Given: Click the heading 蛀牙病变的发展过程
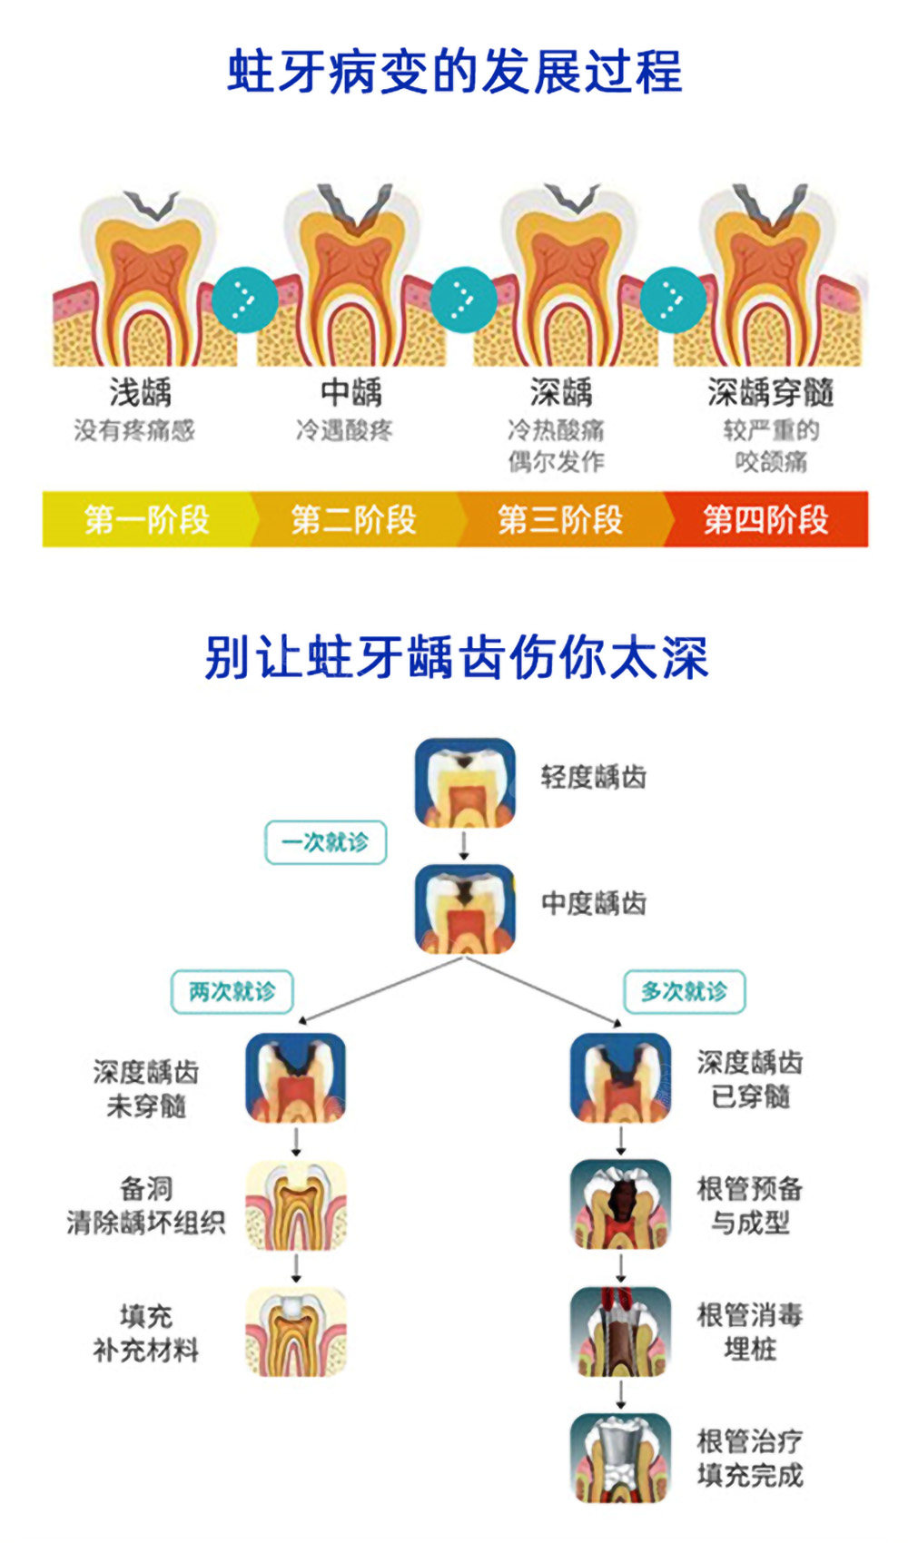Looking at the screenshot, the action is click(x=455, y=71).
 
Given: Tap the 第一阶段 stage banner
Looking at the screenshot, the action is click(x=147, y=519).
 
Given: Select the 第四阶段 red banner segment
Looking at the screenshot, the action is click(x=765, y=519).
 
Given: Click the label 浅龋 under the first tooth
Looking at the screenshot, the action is click(x=141, y=393).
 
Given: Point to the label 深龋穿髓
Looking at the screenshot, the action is click(x=771, y=393).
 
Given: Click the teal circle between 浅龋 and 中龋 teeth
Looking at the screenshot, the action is click(x=244, y=300).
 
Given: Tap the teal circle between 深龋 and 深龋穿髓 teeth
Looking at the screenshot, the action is click(x=673, y=300).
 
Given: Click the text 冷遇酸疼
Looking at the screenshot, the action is click(x=344, y=430).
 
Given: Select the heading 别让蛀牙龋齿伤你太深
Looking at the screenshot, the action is click(x=456, y=657).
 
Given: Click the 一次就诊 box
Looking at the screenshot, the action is click(x=326, y=841).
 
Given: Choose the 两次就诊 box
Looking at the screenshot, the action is click(x=232, y=992).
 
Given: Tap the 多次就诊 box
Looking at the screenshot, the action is click(x=684, y=992).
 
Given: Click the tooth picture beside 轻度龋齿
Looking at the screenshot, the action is click(x=465, y=782).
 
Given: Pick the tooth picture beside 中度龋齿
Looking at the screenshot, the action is click(x=465, y=909).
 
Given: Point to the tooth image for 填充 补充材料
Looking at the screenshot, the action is click(x=296, y=1332).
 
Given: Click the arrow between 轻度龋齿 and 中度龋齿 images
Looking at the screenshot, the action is click(x=464, y=846).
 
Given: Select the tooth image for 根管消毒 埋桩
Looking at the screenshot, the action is click(x=621, y=1332).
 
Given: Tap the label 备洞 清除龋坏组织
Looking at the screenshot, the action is click(x=146, y=1205).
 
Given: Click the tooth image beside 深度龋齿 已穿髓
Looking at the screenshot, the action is click(x=621, y=1078).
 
